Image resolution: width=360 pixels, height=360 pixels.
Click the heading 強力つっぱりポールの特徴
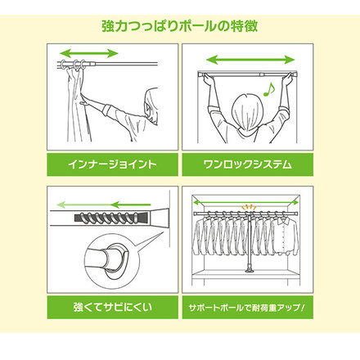pyautogui.click(x=180, y=26)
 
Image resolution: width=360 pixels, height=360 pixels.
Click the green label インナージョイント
pyautogui.click(x=112, y=164)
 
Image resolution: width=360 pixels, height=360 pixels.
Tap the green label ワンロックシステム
pyautogui.click(x=248, y=164)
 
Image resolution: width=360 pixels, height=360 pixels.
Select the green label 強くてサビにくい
pyautogui.click(x=112, y=308)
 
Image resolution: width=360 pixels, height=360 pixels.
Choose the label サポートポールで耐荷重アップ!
pyautogui.click(x=248, y=308)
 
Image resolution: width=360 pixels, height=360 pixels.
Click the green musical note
pyautogui.click(x=269, y=89)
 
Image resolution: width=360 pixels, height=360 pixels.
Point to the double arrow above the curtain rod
pyautogui.click(x=89, y=53)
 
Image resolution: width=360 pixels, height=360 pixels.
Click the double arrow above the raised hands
pyautogui.click(x=250, y=60)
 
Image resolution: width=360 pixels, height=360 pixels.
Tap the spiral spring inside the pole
pyautogui.click(x=111, y=218)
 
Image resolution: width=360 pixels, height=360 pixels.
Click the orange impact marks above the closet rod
pyautogui.click(x=247, y=207)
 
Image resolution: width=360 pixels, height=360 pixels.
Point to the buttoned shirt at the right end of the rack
pyautogui.click(x=284, y=236)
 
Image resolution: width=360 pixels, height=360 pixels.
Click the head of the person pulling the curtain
pyautogui.click(x=151, y=106)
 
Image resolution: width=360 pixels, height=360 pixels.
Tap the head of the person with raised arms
pyautogui.click(x=248, y=113)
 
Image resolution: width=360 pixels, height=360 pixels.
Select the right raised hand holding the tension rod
pyautogui.click(x=288, y=79)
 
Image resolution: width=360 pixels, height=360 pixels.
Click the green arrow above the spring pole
pyautogui.click(x=104, y=205)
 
